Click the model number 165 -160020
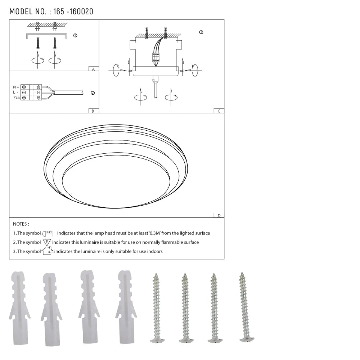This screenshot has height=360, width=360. pos(73,12)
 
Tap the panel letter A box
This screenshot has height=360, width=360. pos(93,69)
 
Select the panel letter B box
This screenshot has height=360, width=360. pos(93,111)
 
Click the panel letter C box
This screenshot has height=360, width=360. pos(219,111)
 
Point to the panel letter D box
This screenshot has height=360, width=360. pos(219,215)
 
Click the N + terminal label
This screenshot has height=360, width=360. pos(16,87)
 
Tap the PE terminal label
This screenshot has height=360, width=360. pos(16,98)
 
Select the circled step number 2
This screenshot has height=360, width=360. pos(93,93)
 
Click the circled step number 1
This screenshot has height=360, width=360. pos(75,35)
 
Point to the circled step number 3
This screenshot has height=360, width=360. pos(201,32)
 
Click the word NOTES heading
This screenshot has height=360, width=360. pos(21,224)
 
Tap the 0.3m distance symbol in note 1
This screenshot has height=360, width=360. pos(48,233)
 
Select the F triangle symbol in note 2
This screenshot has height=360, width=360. pos(47,242)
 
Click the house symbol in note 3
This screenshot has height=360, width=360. pos(47,251)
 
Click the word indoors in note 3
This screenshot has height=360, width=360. pos(154,251)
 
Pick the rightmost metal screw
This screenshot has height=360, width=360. pos(245,306)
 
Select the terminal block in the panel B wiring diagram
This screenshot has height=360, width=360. pos(31,92)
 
